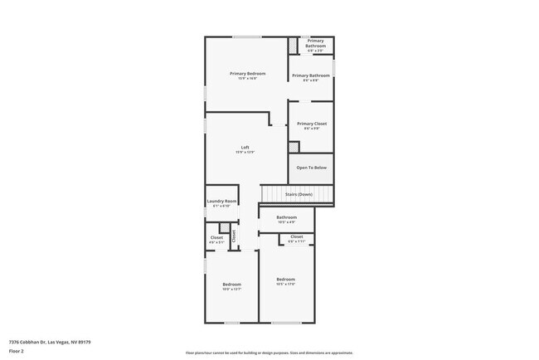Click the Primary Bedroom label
tap(247, 74)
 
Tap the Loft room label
tap(245, 148)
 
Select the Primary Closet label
tap(312, 124)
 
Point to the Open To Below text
tap(312, 168)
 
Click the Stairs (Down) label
tap(299, 194)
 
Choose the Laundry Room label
tap(221, 202)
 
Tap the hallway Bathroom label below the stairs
tap(286, 217)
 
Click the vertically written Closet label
tap(234, 236)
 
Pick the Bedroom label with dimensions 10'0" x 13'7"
tap(231, 285)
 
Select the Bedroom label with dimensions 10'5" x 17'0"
tap(286, 279)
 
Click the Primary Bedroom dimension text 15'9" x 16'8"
tap(247, 79)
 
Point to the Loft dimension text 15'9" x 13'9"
tap(245, 153)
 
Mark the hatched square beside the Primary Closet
tap(294, 148)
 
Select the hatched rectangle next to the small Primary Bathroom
tap(293, 46)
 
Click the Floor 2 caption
tap(17, 351)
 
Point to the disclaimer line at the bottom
tap(269, 352)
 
